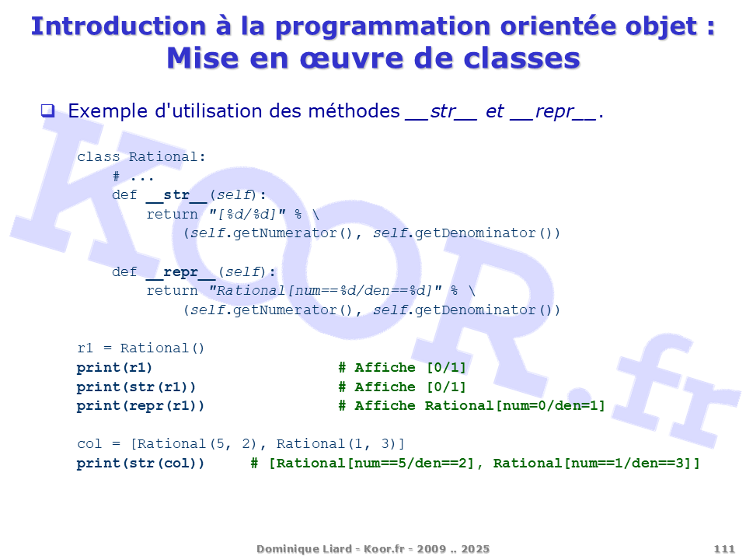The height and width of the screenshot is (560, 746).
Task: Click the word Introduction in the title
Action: coord(118,26)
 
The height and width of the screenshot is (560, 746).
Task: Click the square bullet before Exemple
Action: coord(47,111)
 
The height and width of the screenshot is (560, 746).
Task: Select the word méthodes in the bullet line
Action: coord(354,111)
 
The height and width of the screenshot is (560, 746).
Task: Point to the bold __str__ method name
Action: coord(176,195)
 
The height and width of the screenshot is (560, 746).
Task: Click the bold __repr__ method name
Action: coord(181,272)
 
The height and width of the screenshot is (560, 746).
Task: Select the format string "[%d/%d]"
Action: coord(247,215)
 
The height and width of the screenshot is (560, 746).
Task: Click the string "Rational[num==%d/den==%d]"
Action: coord(326,290)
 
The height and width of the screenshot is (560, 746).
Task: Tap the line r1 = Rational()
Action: coord(141,348)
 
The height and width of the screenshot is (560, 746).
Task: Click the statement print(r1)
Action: coord(115,368)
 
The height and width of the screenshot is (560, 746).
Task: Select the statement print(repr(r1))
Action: coord(141,406)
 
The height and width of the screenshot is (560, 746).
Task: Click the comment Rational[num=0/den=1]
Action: coord(514,406)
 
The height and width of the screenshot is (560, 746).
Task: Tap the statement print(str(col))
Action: coord(141,464)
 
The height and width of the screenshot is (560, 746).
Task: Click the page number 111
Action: coord(724,549)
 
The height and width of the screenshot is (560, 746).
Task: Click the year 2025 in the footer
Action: coord(475,549)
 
